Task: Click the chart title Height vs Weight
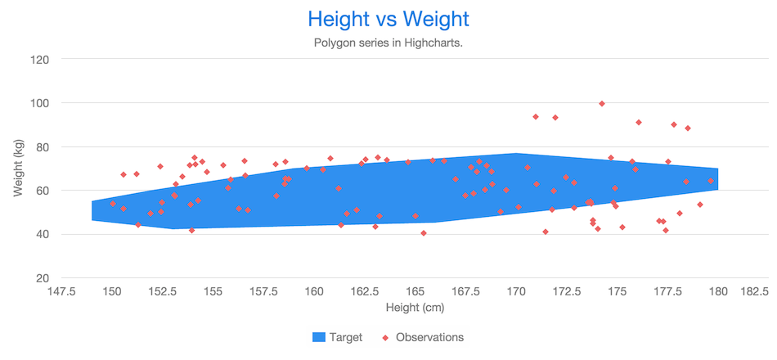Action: coord(388,19)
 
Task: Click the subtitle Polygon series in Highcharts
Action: coord(388,43)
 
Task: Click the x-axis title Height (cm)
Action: coord(415,308)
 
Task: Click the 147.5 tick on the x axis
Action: coord(62,291)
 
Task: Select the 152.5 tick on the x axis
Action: coord(164,291)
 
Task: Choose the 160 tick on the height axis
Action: coord(315,291)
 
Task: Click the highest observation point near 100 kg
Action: coord(602,104)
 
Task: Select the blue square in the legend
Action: coord(319,337)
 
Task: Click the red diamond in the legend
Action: coord(385,337)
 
